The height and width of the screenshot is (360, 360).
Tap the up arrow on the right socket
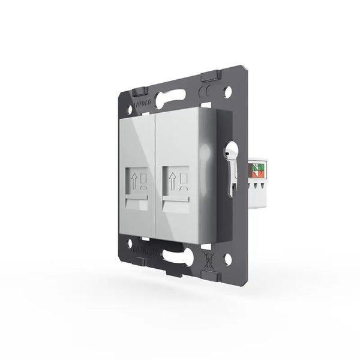click(x=171, y=179)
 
